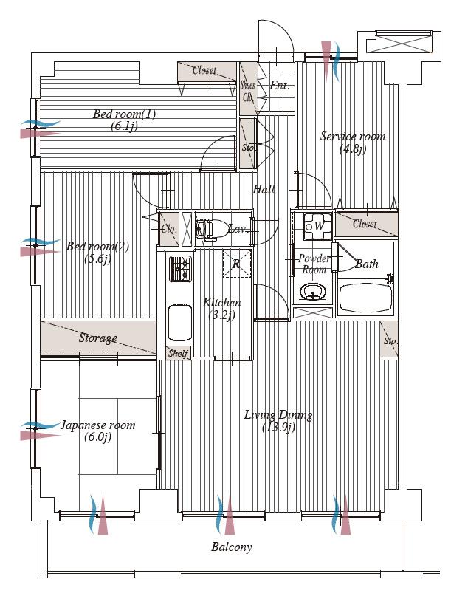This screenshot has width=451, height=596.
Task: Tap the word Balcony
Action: click(231, 547)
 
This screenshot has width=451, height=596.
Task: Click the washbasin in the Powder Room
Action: click(314, 296)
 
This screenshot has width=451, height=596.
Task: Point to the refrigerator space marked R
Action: click(236, 264)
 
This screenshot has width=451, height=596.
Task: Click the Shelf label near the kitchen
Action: click(178, 354)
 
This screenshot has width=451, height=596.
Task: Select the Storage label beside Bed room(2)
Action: click(98, 338)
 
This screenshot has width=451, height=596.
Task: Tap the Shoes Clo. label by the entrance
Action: click(248, 90)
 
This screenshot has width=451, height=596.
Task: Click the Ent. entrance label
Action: click(279, 86)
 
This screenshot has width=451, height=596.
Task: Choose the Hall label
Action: click(264, 190)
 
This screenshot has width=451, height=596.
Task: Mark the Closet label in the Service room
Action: click(365, 224)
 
